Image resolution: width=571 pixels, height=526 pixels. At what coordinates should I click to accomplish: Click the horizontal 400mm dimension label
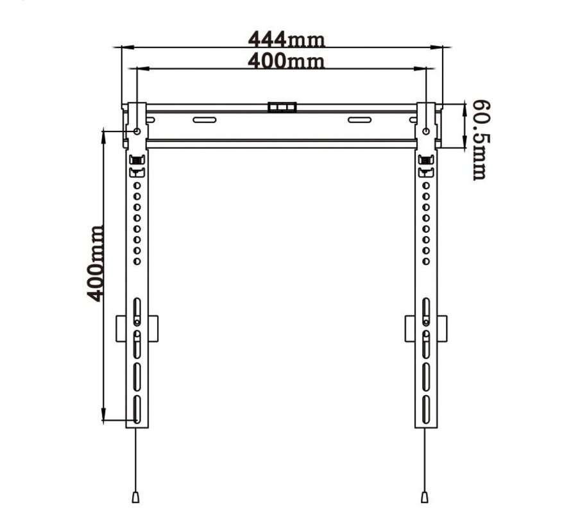click(x=287, y=62)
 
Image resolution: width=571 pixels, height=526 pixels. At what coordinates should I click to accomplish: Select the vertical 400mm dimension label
click(x=94, y=263)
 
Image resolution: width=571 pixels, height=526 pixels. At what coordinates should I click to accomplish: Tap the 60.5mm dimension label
click(x=479, y=139)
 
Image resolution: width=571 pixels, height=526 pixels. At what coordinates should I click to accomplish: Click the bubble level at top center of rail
click(x=283, y=106)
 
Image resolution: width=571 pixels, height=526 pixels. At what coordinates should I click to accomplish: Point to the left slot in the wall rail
click(x=205, y=120)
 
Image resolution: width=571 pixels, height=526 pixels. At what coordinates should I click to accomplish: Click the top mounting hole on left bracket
click(x=137, y=131)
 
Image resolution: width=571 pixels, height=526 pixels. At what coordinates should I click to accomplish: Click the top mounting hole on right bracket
click(x=427, y=131)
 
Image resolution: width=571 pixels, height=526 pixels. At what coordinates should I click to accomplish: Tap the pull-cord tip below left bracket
click(x=136, y=497)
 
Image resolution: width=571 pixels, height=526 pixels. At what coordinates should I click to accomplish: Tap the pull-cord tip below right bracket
click(x=424, y=497)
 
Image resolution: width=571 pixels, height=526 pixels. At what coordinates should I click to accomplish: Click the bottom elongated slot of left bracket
click(x=137, y=409)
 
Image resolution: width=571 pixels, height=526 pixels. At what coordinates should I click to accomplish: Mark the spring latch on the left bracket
click(x=136, y=160)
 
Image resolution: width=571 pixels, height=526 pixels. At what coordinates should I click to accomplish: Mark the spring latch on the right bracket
click(x=425, y=160)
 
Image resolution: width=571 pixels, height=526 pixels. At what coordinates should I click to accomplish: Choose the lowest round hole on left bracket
click(x=137, y=261)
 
